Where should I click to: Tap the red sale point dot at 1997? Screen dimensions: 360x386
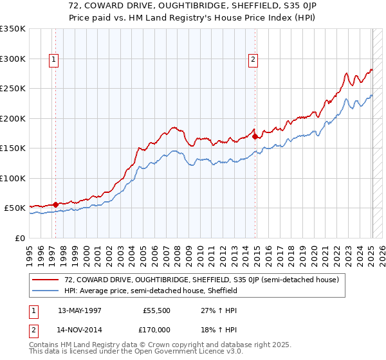[55, 204]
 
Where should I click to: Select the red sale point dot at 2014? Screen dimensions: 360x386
[255, 136]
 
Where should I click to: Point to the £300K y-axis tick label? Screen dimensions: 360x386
[13, 59]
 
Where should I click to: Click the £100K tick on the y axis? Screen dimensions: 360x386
[13, 178]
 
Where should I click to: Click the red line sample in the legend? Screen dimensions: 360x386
[46, 280]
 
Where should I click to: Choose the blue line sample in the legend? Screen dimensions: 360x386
[46, 291]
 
